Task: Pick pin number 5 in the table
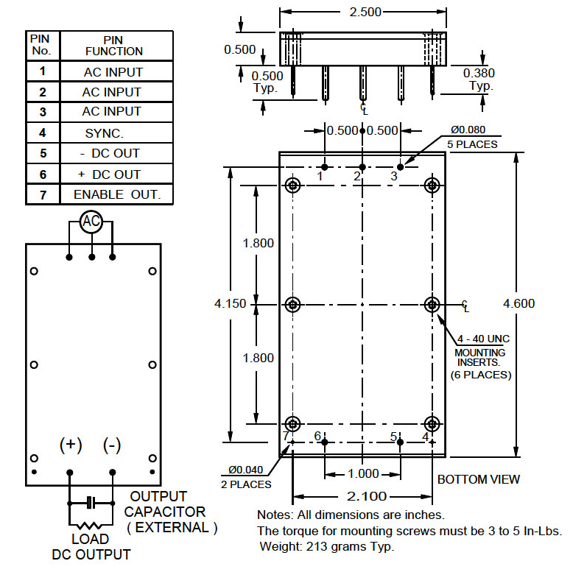point(43,154)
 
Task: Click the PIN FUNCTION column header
point(113,46)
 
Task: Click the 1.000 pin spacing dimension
point(363,474)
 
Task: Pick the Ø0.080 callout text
point(471,130)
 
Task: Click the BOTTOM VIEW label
point(478,479)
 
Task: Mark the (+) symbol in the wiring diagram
point(71,445)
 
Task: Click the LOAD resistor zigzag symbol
point(91,525)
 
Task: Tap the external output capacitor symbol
point(91,502)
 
